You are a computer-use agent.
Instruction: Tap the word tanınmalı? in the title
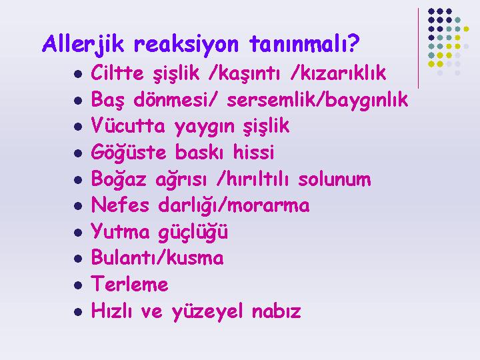(304, 43)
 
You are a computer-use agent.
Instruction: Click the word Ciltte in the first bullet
(117, 73)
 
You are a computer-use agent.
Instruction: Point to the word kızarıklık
(343, 73)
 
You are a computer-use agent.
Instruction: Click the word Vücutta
(128, 125)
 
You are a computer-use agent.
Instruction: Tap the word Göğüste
(129, 151)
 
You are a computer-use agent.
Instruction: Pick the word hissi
(253, 151)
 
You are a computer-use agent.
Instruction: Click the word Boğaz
(119, 179)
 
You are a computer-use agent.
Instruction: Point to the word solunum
(335, 179)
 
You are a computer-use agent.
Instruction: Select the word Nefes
(120, 205)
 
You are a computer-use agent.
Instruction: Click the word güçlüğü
(193, 232)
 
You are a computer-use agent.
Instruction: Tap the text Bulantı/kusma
(157, 257)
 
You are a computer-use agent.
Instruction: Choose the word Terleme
(129, 283)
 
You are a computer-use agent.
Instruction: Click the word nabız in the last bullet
(277, 311)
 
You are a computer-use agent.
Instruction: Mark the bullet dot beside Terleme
(78, 285)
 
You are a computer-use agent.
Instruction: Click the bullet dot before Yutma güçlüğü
(78, 233)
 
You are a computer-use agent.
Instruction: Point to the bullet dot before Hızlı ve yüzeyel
(78, 312)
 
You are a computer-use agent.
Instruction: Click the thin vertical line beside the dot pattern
(418, 49)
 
